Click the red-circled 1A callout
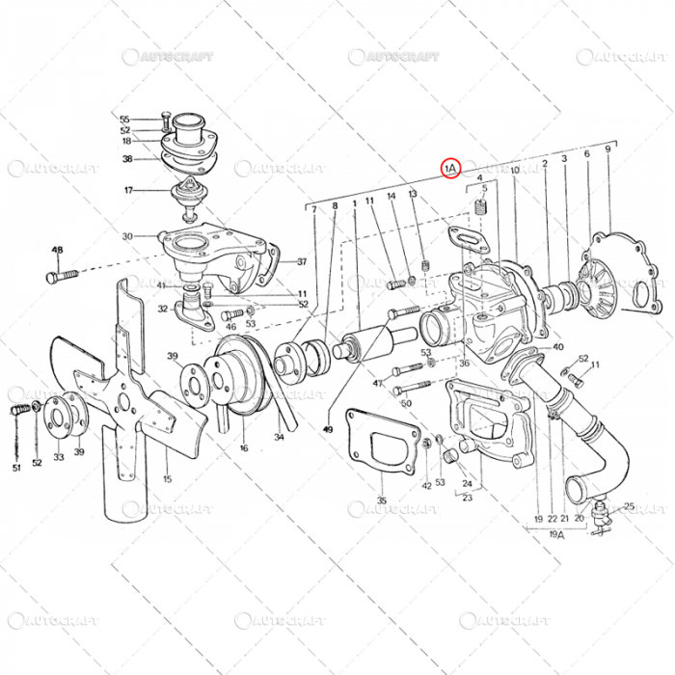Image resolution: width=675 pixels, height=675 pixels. pyautogui.click(x=451, y=168)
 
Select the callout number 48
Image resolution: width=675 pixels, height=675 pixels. pyautogui.click(x=57, y=250)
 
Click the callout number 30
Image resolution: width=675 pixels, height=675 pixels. pyautogui.click(x=127, y=236)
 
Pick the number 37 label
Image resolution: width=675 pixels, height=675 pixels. pyautogui.click(x=302, y=261)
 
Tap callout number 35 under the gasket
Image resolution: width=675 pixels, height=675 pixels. pyautogui.click(x=382, y=500)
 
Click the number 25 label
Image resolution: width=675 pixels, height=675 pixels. pyautogui.click(x=629, y=505)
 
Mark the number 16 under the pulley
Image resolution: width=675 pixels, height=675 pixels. pyautogui.click(x=244, y=448)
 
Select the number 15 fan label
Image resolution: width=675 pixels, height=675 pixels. pyautogui.click(x=167, y=479)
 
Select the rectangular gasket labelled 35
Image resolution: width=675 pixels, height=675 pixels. pyautogui.click(x=384, y=445)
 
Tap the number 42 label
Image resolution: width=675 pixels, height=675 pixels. pyautogui.click(x=426, y=486)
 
